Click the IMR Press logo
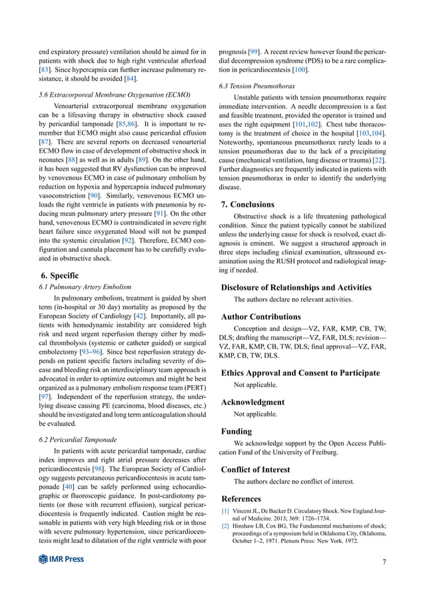point(61,559)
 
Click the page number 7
point(384,561)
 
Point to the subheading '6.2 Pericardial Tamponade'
point(78,440)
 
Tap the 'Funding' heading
point(236,431)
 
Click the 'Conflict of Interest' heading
point(256,469)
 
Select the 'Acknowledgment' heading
point(252,402)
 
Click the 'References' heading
point(242,498)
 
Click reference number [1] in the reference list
point(225,511)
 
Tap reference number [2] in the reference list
point(225,526)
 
